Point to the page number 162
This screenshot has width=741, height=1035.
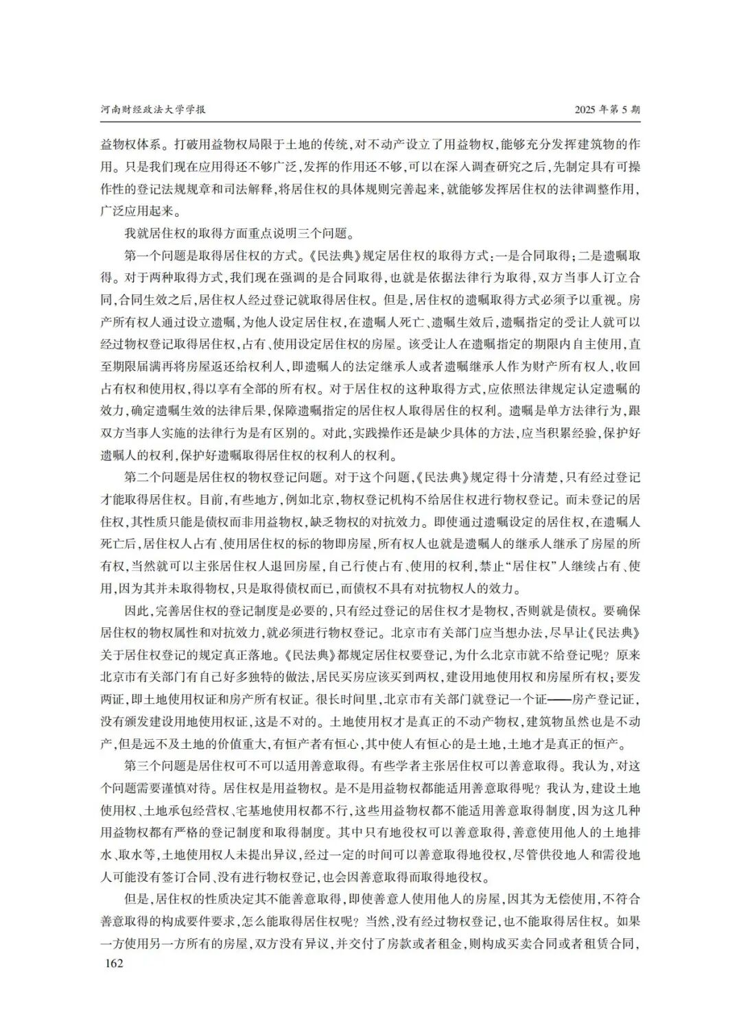(x=112, y=964)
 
